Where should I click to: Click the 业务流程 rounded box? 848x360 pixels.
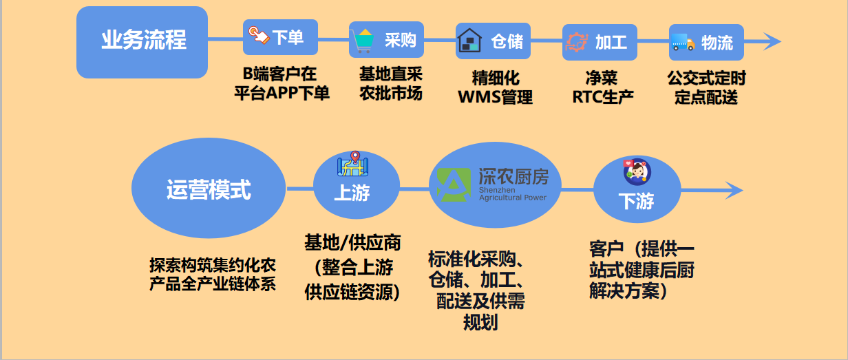[x=142, y=42]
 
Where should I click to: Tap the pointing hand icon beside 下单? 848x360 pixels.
[x=259, y=36]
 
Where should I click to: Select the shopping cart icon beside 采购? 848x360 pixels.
[x=361, y=41]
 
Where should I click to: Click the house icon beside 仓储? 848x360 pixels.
[x=469, y=41]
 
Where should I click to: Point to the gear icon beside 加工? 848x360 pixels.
[x=577, y=41]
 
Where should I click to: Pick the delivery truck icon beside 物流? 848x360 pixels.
[x=683, y=42]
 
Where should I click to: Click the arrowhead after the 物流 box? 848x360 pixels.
[x=772, y=41]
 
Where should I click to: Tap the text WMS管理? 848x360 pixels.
[x=495, y=97]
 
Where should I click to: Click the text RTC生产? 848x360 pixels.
[x=603, y=97]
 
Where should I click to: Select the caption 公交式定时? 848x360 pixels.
[x=706, y=78]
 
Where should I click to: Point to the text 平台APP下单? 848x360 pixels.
[x=282, y=93]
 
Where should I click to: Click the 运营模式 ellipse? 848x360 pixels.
[x=209, y=188]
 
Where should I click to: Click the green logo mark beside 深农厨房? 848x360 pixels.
[x=453, y=184]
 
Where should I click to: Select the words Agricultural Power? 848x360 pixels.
[x=513, y=198]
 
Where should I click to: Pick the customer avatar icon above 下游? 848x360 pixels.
[x=637, y=171]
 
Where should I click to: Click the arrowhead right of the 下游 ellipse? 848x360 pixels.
[x=734, y=191]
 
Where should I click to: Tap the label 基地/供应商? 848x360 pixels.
[x=352, y=243]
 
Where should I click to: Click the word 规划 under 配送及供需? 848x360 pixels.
[x=480, y=323]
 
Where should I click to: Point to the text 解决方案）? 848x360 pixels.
[x=628, y=291]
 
